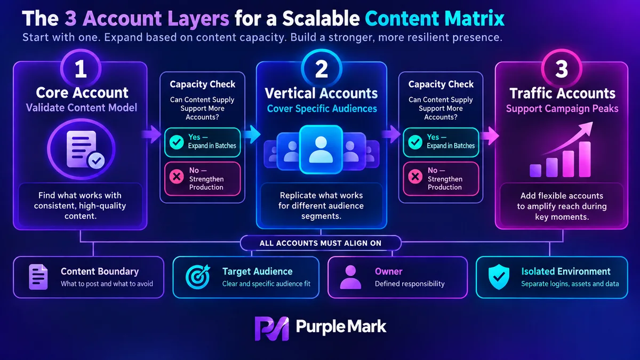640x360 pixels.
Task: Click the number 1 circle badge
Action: pyautogui.click(x=81, y=69)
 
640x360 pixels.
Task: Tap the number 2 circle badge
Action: pyautogui.click(x=322, y=69)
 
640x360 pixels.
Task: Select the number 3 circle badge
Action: pyautogui.click(x=562, y=69)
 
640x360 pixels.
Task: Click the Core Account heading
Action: pyautogui.click(x=82, y=93)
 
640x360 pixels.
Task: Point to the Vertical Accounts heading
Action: pyautogui.click(x=321, y=93)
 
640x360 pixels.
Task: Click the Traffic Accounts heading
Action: pyautogui.click(x=562, y=93)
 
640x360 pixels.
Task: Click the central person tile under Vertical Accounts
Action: pyautogui.click(x=321, y=149)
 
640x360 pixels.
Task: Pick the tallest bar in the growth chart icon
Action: pyautogui.click(x=585, y=159)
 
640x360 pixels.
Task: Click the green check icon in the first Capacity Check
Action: pyautogui.click(x=177, y=142)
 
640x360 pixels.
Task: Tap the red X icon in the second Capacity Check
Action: pyautogui.click(x=415, y=177)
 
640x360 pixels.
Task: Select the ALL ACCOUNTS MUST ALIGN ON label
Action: pyautogui.click(x=321, y=243)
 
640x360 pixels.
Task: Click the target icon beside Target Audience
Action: pyautogui.click(x=198, y=277)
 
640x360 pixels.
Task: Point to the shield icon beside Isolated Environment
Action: pyautogui.click(x=499, y=277)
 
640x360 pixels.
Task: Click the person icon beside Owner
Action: pyautogui.click(x=350, y=277)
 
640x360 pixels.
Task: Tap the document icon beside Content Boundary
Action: pyautogui.click(x=38, y=277)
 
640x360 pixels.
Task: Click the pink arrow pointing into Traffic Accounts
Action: pyautogui.click(x=490, y=135)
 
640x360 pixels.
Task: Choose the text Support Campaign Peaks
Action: pyautogui.click(x=562, y=109)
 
